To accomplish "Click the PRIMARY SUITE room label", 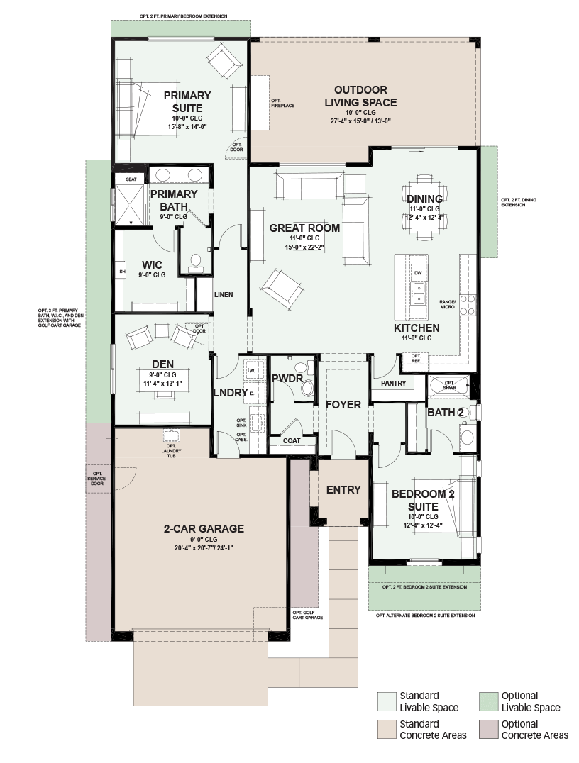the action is tap(187, 101).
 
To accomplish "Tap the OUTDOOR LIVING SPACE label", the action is tap(360, 96).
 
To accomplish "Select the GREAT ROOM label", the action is tap(304, 228).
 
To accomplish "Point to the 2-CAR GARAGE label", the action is tap(204, 528).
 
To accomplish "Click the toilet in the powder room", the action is tap(307, 383).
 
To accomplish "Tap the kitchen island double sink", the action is tap(419, 294).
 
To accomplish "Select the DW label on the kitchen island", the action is tap(418, 273).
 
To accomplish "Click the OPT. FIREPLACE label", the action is tap(283, 103).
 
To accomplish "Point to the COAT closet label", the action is tap(292, 441).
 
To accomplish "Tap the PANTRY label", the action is tap(394, 384).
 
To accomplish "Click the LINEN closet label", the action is tap(224, 294).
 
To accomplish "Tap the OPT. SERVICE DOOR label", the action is tap(97, 479).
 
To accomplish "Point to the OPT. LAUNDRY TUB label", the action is tap(171, 450).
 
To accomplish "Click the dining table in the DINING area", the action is tap(424, 206).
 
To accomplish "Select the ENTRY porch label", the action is tap(343, 490).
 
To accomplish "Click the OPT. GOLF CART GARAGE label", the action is tap(307, 615).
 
